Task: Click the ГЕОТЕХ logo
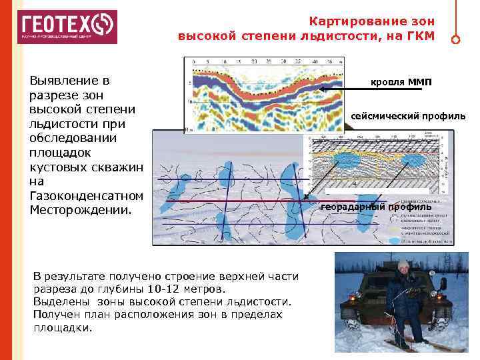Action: [x=67, y=27]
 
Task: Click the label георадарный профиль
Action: [x=376, y=207]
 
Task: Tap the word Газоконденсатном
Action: [x=87, y=195]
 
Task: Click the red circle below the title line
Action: [x=455, y=39]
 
